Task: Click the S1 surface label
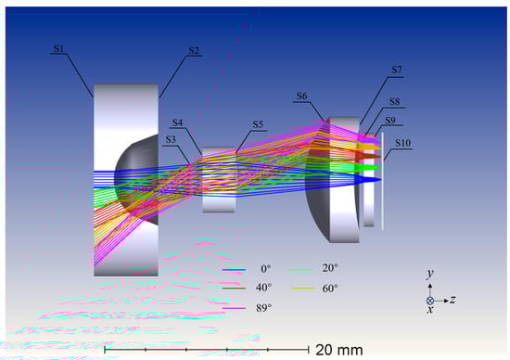point(58,49)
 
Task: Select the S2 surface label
point(194,50)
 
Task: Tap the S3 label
point(171,139)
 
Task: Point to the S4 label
point(178,122)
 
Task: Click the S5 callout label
point(258,124)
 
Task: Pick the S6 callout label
point(302,96)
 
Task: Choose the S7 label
point(397,70)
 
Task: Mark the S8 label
point(394,101)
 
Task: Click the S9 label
point(390,121)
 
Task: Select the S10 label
point(403,143)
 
